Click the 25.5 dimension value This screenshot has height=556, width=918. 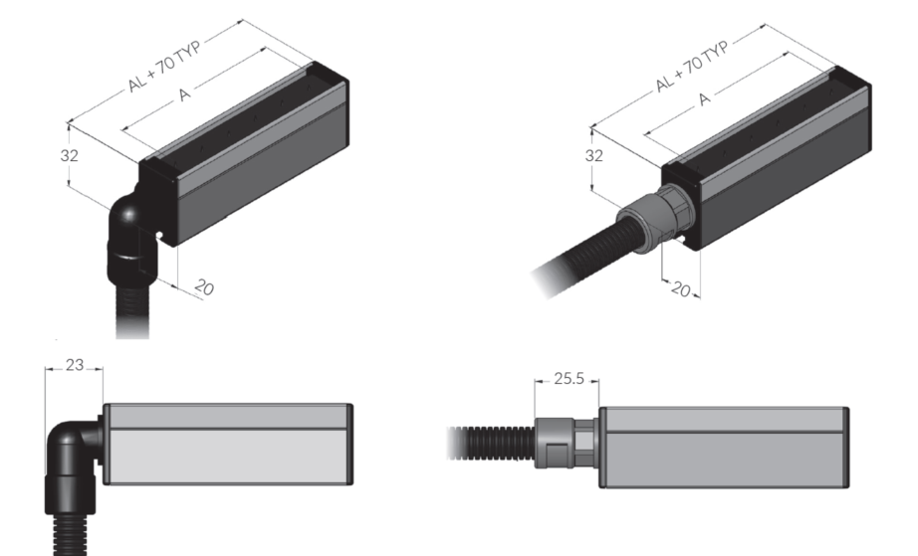coord(570,379)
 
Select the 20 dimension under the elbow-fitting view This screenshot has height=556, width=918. coord(203,287)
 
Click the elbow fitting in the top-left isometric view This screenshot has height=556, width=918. coord(129,230)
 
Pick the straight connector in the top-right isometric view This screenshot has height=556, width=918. coord(647,219)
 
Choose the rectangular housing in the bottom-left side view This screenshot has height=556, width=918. coord(227,444)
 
